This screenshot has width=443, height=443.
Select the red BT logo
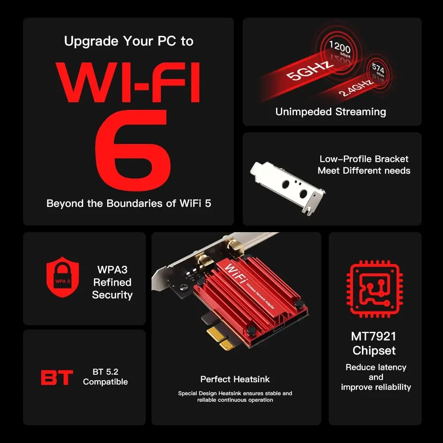pyautogui.click(x=57, y=377)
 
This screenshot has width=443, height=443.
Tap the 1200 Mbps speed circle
pyautogui.click(x=339, y=50)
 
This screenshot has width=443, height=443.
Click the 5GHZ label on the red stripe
pyautogui.click(x=310, y=70)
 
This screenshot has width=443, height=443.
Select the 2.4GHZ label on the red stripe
pyautogui.click(x=357, y=87)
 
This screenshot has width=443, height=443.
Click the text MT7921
pyautogui.click(x=373, y=336)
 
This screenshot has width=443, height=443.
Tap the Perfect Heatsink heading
pyautogui.click(x=235, y=379)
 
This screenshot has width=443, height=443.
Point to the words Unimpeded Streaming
pyautogui.click(x=330, y=112)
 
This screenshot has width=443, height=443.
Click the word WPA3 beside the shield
pyautogui.click(x=112, y=269)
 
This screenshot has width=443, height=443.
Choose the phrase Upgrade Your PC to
pyautogui.click(x=128, y=41)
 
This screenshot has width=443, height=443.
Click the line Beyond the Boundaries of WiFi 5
pyautogui.click(x=128, y=204)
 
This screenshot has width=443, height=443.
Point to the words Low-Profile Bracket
pyautogui.click(x=364, y=159)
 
